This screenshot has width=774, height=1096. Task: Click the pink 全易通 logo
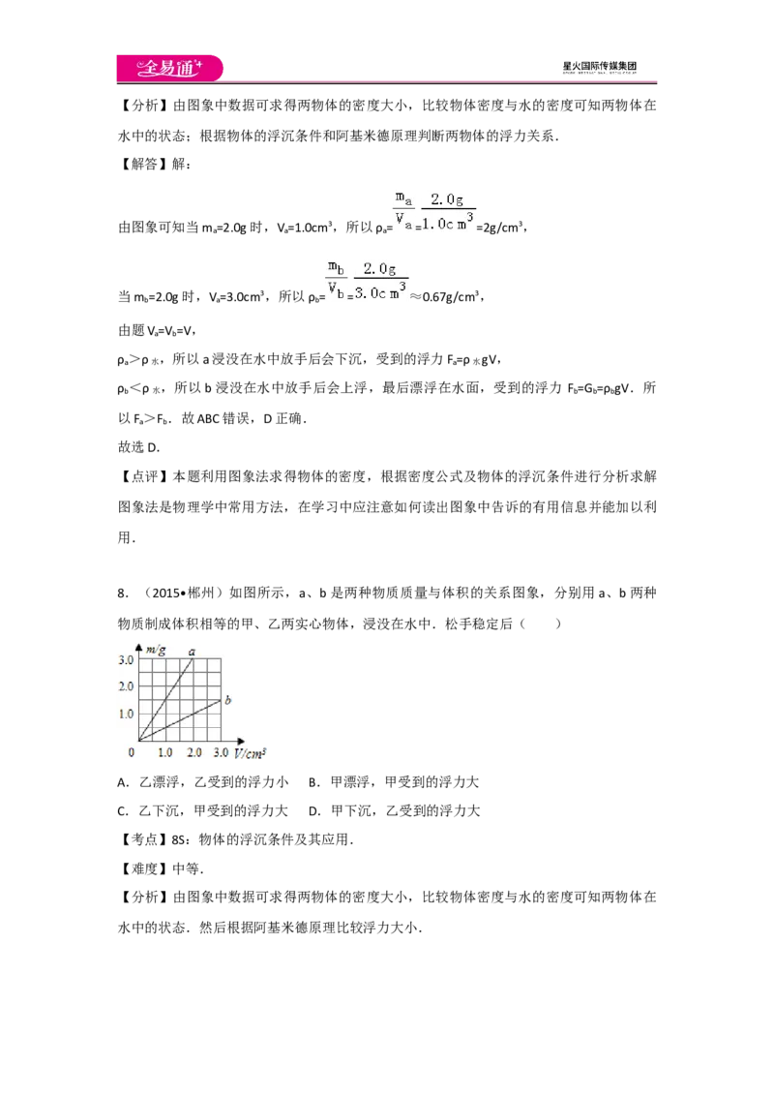[169, 68]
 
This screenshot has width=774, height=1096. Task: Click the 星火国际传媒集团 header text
[599, 67]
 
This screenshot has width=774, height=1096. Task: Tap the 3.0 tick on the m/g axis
[126, 660]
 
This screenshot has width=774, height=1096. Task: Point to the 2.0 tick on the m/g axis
[126, 686]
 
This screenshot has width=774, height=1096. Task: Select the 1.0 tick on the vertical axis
[126, 714]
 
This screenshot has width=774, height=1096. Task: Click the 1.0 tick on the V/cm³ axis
[164, 753]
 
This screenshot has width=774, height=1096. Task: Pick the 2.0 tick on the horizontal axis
[194, 753]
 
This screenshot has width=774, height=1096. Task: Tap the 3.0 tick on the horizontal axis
[221, 753]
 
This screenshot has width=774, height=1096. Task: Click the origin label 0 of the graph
[132, 753]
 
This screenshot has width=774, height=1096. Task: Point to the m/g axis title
[156, 650]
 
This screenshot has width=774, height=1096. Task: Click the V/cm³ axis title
[250, 753]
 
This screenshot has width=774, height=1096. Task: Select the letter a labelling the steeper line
[193, 652]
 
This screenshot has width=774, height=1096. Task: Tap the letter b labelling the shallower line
[227, 699]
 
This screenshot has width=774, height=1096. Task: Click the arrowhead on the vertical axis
[139, 648]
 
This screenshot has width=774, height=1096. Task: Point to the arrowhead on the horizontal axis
[241, 741]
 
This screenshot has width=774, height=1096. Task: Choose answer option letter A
[123, 782]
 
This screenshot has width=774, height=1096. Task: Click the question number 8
[122, 594]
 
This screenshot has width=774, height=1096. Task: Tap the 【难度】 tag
[144, 868]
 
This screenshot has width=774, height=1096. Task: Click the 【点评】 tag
[144, 476]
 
